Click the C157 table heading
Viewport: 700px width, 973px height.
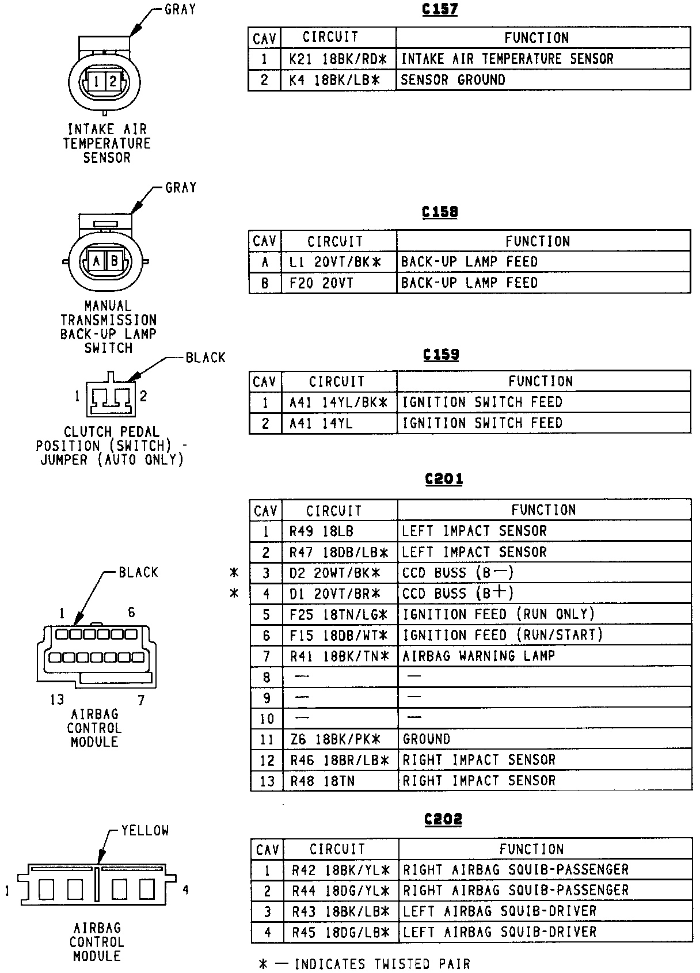[x=440, y=10]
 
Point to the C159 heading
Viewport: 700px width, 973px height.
[x=441, y=355]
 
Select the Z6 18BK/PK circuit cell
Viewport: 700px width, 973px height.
[x=335, y=739]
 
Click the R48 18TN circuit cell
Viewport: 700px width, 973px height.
[x=322, y=781]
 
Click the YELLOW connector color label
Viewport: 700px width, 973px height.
[x=145, y=831]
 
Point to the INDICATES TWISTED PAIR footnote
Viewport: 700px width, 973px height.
[x=382, y=964]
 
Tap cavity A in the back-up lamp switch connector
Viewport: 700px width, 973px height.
[x=97, y=261]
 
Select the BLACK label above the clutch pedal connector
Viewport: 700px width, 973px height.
[x=205, y=358]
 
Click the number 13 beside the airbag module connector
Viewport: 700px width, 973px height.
[x=56, y=700]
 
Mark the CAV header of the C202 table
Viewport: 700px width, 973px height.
[x=267, y=850]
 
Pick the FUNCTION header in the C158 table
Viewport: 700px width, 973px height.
[x=538, y=241]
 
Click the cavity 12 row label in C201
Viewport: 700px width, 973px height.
[x=267, y=761]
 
